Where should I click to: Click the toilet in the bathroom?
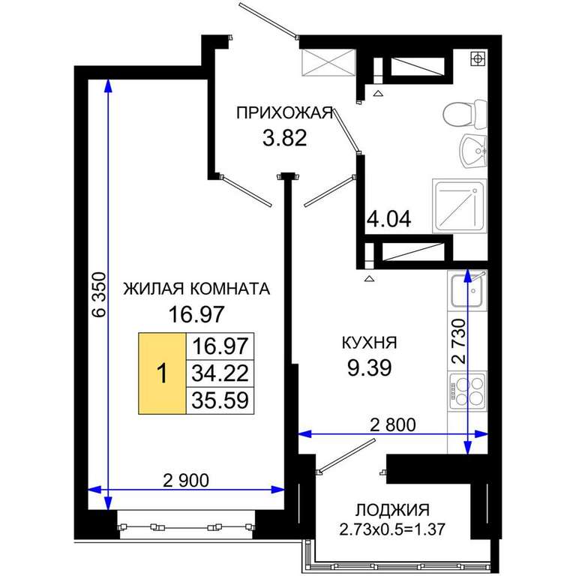click(465, 113)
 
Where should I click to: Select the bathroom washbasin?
click(473, 151)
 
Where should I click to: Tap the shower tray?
click(460, 206)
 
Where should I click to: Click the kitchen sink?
click(467, 290)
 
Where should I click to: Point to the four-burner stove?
click(467, 391)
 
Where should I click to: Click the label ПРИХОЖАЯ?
click(285, 112)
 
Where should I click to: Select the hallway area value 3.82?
click(285, 139)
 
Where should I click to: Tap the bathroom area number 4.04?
click(389, 219)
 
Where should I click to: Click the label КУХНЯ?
click(369, 343)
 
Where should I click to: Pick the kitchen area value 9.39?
click(370, 367)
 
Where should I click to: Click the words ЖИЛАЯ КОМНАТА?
click(196, 289)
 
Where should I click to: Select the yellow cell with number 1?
click(162, 373)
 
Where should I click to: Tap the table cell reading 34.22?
click(220, 373)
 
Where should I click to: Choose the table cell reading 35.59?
click(220, 400)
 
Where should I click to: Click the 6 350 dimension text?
click(99, 294)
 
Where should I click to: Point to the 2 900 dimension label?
click(186, 481)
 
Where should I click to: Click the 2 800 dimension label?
click(393, 424)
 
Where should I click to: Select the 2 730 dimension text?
click(459, 341)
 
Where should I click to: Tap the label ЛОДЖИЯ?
click(392, 510)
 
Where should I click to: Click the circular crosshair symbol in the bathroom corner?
click(478, 58)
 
